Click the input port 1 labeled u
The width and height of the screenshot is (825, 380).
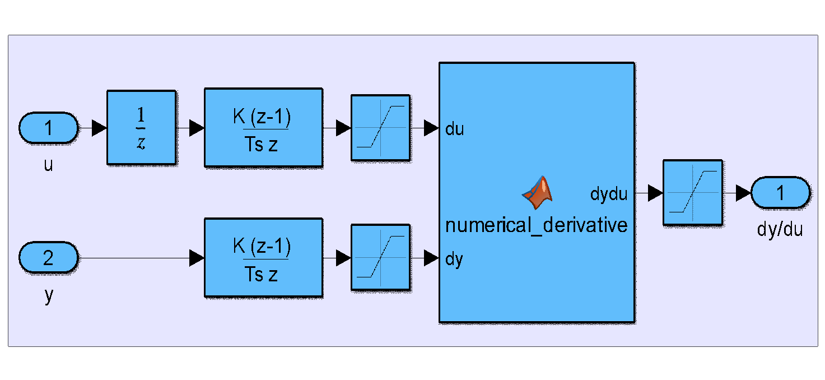tap(48, 128)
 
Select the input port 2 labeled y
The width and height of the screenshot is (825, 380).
tap(48, 258)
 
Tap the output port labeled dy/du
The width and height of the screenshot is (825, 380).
tap(780, 193)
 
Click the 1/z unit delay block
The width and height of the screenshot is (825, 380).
tap(141, 128)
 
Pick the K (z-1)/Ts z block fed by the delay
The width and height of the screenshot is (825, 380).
tap(263, 128)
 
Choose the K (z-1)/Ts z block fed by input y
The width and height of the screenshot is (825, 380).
tap(263, 258)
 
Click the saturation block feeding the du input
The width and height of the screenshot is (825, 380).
tap(380, 128)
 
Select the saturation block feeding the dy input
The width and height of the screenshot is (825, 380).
tap(380, 258)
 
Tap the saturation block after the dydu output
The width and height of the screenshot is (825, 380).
tap(692, 193)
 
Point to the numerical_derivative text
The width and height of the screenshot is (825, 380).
tap(536, 225)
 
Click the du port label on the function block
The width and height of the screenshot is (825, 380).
tap(454, 129)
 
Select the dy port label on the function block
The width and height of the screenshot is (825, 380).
tap(454, 260)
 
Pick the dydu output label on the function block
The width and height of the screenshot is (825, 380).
tap(608, 194)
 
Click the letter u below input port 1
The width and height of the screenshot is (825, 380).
tap(48, 165)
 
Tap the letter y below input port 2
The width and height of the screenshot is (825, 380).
tap(48, 296)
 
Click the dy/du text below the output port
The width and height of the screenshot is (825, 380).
tap(779, 229)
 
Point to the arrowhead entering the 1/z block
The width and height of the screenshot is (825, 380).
tap(99, 128)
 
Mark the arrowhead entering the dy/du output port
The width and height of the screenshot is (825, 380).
tap(743, 193)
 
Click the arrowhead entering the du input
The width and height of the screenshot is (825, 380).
tap(431, 128)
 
